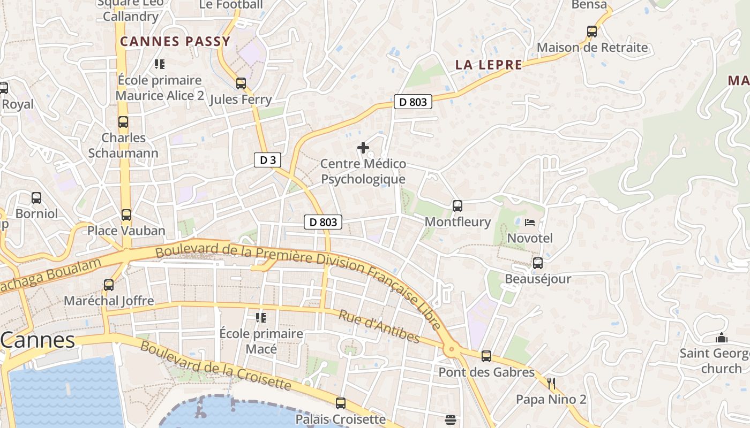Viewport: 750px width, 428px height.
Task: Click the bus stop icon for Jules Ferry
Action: coord(241,83)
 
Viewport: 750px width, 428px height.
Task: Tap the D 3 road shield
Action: coord(267,159)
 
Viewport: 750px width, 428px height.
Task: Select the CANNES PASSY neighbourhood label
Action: coord(175,41)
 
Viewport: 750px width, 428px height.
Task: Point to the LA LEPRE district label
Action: coord(489,65)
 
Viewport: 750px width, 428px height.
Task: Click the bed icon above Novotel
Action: coord(530,222)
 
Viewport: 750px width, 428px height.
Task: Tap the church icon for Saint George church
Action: coord(722,338)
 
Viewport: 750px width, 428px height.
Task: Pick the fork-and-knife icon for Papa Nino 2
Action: coord(551,383)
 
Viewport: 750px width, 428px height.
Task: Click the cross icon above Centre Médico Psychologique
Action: coord(363,148)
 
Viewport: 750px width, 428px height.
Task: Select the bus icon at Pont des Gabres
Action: coord(486,356)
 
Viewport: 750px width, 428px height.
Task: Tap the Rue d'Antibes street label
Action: coord(379,326)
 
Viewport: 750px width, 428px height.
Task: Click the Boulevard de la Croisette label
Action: coord(216,365)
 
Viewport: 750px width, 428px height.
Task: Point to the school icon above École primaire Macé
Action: coord(261,318)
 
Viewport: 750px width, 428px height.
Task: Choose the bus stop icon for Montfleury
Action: coord(457,206)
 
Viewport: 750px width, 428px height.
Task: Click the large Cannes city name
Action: coord(37,340)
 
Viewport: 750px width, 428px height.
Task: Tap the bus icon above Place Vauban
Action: coord(126,215)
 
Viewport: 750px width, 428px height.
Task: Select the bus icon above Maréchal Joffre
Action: coord(109,285)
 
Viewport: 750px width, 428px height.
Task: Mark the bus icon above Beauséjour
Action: coord(538,263)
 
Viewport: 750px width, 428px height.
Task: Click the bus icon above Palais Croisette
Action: coord(341,403)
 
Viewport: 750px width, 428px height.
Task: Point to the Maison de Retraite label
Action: coord(592,47)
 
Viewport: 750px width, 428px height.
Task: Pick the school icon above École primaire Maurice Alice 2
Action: coord(160,64)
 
